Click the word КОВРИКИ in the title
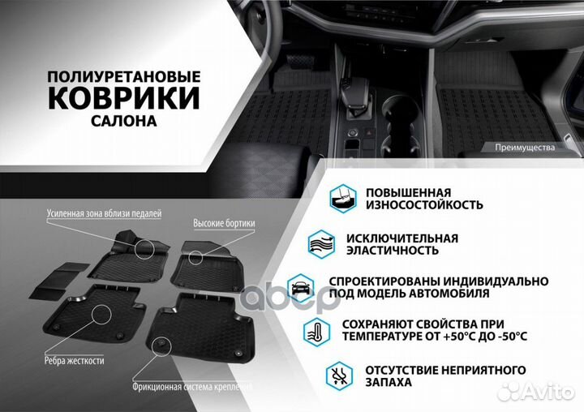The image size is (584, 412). pos(123,98)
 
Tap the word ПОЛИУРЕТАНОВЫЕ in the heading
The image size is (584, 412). pos(123,75)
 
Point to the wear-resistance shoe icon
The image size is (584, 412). pos(343,198)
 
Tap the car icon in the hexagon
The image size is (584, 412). pos(299,286)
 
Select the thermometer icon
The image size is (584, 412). pos(317,330)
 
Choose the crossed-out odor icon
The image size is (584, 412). pos(340,375)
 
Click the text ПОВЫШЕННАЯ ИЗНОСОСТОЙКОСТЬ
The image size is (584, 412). pos(424,198)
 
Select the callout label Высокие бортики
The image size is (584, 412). pos(225,222)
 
